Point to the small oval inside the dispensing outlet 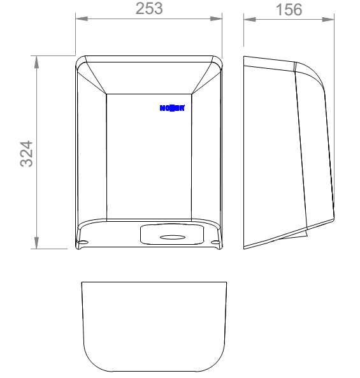point(170,237)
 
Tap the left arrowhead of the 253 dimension point(80,18)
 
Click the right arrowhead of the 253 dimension point(220,18)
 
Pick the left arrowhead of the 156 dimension point(248,18)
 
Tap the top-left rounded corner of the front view point(80,61)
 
